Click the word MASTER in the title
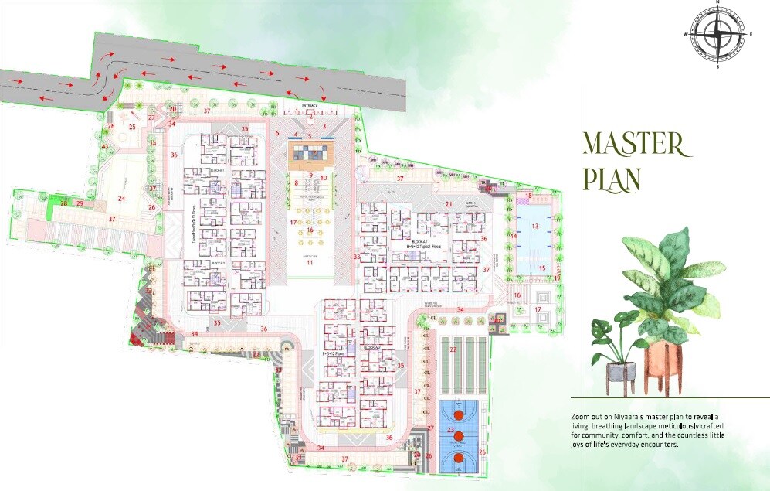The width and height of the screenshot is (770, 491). pos(633,145)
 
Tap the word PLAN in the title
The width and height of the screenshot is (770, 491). pos(612,178)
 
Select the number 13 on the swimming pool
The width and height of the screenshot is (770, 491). pos(534,226)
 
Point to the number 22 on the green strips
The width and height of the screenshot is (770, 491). pos(453,350)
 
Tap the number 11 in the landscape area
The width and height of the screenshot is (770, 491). pos(310,263)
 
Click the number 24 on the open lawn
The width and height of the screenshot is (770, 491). pos(121,199)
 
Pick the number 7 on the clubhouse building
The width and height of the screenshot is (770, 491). pos(314,154)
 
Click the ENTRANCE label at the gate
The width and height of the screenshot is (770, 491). pos(310,104)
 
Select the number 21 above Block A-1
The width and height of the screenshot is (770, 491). pos(448,204)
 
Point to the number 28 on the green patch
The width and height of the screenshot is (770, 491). pos(65,203)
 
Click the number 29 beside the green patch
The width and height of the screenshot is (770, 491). pos(80,203)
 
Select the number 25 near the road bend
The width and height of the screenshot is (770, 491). pos(132,127)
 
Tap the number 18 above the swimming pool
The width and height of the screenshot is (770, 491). pos(528,196)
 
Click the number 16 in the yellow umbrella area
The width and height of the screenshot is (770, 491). pos(310,230)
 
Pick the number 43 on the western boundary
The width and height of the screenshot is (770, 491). pos(105,147)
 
